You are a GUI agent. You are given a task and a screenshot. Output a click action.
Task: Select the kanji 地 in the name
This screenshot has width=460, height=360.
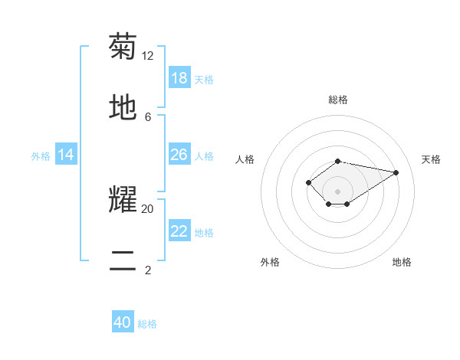tap(123, 107)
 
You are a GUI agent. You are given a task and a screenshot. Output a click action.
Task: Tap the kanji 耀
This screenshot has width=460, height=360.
tap(123, 199)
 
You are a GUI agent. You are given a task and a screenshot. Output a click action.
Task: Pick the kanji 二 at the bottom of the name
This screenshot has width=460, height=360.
tap(123, 260)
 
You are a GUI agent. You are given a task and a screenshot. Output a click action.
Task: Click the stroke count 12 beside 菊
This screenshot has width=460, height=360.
tap(148, 55)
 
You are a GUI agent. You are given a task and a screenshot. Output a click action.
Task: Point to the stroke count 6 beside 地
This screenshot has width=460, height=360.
tap(148, 116)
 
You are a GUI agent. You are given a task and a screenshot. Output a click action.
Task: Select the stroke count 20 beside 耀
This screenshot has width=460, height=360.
tap(148, 208)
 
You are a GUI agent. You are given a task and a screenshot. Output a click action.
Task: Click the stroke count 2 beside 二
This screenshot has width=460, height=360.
tap(148, 270)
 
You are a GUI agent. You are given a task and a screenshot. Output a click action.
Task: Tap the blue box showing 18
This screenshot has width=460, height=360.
tap(179, 78)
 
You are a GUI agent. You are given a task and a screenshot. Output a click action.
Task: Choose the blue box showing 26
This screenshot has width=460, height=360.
tap(179, 155)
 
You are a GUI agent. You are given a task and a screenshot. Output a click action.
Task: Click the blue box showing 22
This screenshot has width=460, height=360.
tap(179, 231)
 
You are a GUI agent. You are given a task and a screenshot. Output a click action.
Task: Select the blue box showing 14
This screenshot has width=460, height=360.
tap(66, 155)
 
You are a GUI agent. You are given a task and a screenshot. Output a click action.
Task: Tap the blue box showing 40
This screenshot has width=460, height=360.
tap(123, 322)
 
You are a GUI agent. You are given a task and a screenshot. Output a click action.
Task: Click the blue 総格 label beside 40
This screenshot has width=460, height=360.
tap(148, 324)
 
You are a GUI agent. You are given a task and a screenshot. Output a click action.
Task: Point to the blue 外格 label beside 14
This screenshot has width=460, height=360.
tap(41, 156)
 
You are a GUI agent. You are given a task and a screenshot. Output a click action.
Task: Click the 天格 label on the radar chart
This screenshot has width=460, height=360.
tap(431, 159)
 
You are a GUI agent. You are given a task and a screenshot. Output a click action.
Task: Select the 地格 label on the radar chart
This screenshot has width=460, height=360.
tap(402, 262)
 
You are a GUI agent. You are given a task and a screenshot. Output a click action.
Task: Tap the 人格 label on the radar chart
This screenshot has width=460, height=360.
tap(245, 159)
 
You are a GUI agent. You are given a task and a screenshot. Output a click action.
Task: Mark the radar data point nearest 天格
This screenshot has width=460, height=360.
tap(396, 172)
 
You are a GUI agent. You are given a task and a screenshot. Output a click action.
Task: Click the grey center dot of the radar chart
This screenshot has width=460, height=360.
tap(338, 191)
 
